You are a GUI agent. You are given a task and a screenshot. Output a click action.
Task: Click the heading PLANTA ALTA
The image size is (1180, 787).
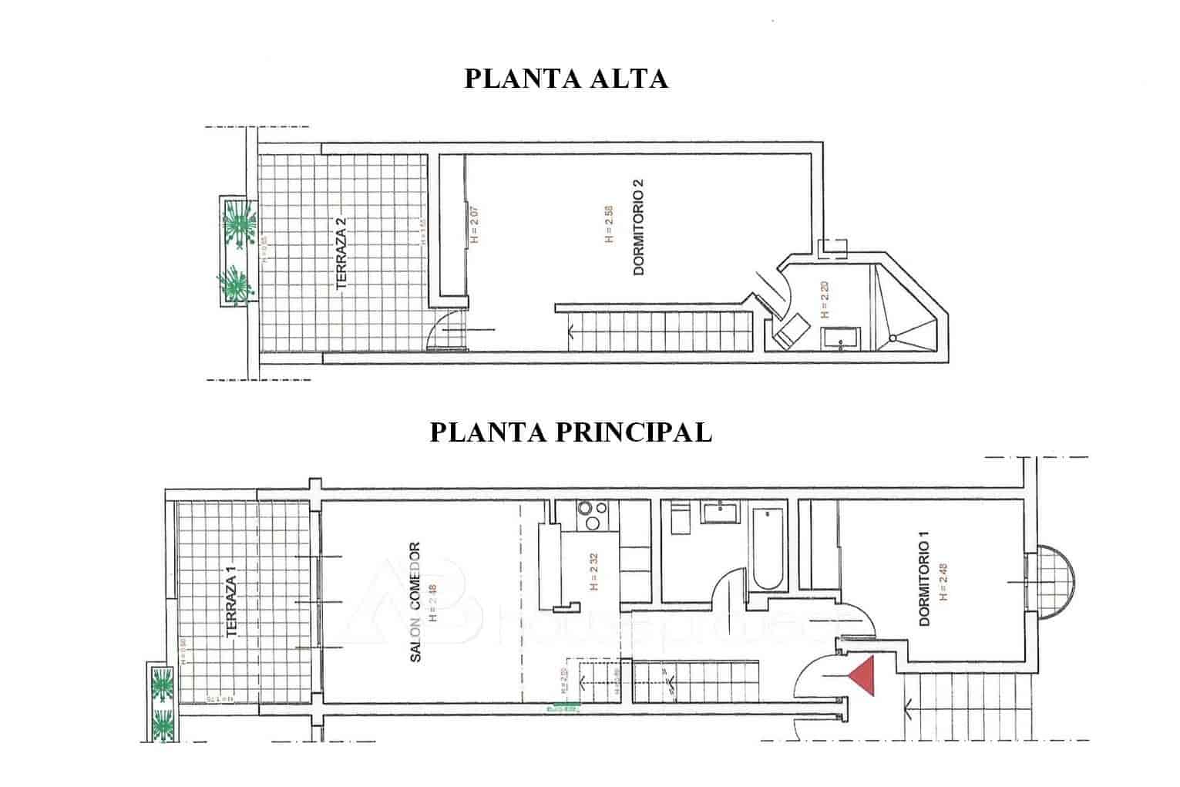tap(566, 79)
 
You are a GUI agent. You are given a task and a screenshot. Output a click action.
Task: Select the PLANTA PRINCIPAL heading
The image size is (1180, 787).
tap(570, 432)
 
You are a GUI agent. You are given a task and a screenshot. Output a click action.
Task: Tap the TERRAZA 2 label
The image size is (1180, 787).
tap(341, 254)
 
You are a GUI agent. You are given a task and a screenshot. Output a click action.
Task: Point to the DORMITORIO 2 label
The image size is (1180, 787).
tap(637, 227)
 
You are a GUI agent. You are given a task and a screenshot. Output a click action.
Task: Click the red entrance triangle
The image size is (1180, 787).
tap(865, 676)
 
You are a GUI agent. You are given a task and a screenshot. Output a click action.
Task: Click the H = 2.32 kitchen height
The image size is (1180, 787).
tap(593, 573)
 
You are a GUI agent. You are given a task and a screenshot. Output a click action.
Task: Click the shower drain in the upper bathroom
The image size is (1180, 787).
tap(893, 338)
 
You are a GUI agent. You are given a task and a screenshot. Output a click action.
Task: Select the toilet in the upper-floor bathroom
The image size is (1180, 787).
tap(790, 333)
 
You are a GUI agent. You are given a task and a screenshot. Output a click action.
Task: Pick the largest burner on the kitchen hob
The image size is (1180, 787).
tap(594, 524)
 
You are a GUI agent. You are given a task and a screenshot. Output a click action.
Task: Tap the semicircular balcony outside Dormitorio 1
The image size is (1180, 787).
tap(1053, 583)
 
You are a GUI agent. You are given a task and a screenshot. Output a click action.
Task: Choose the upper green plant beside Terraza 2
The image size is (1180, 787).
tap(240, 224)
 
